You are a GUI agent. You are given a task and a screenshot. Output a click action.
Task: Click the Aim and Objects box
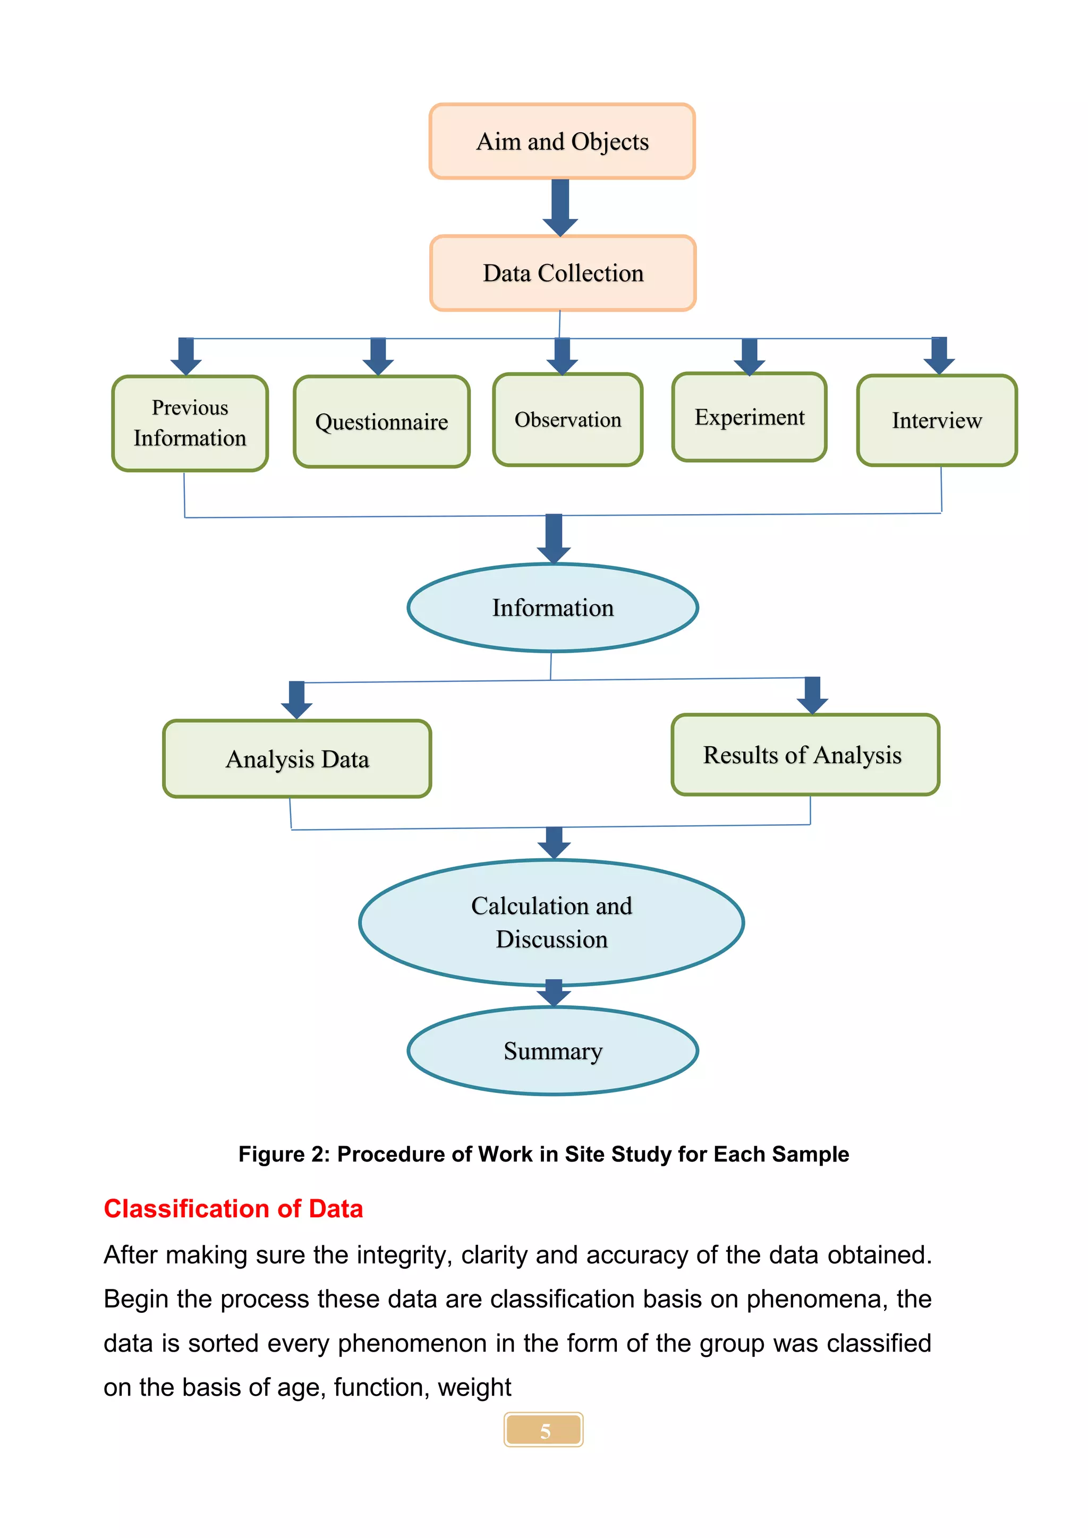(562, 141)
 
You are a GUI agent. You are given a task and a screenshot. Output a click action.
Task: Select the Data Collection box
(563, 274)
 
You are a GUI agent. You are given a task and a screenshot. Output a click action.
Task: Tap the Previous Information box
(190, 423)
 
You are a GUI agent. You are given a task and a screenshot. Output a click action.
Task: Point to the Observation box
(567, 420)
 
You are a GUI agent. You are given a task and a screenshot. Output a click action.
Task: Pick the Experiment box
(749, 417)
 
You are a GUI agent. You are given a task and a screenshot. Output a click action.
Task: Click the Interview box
(937, 421)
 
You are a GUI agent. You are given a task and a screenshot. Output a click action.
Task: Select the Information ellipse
(552, 608)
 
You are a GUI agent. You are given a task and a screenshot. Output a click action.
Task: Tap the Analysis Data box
(297, 759)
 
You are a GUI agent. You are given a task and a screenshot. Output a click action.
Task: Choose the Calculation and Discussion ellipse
(551, 922)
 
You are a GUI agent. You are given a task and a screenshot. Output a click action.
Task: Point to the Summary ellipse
(552, 1051)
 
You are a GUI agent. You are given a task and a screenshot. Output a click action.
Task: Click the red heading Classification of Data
(233, 1208)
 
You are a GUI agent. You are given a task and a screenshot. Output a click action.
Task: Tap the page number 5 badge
(544, 1430)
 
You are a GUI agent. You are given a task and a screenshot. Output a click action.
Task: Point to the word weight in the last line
(474, 1387)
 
